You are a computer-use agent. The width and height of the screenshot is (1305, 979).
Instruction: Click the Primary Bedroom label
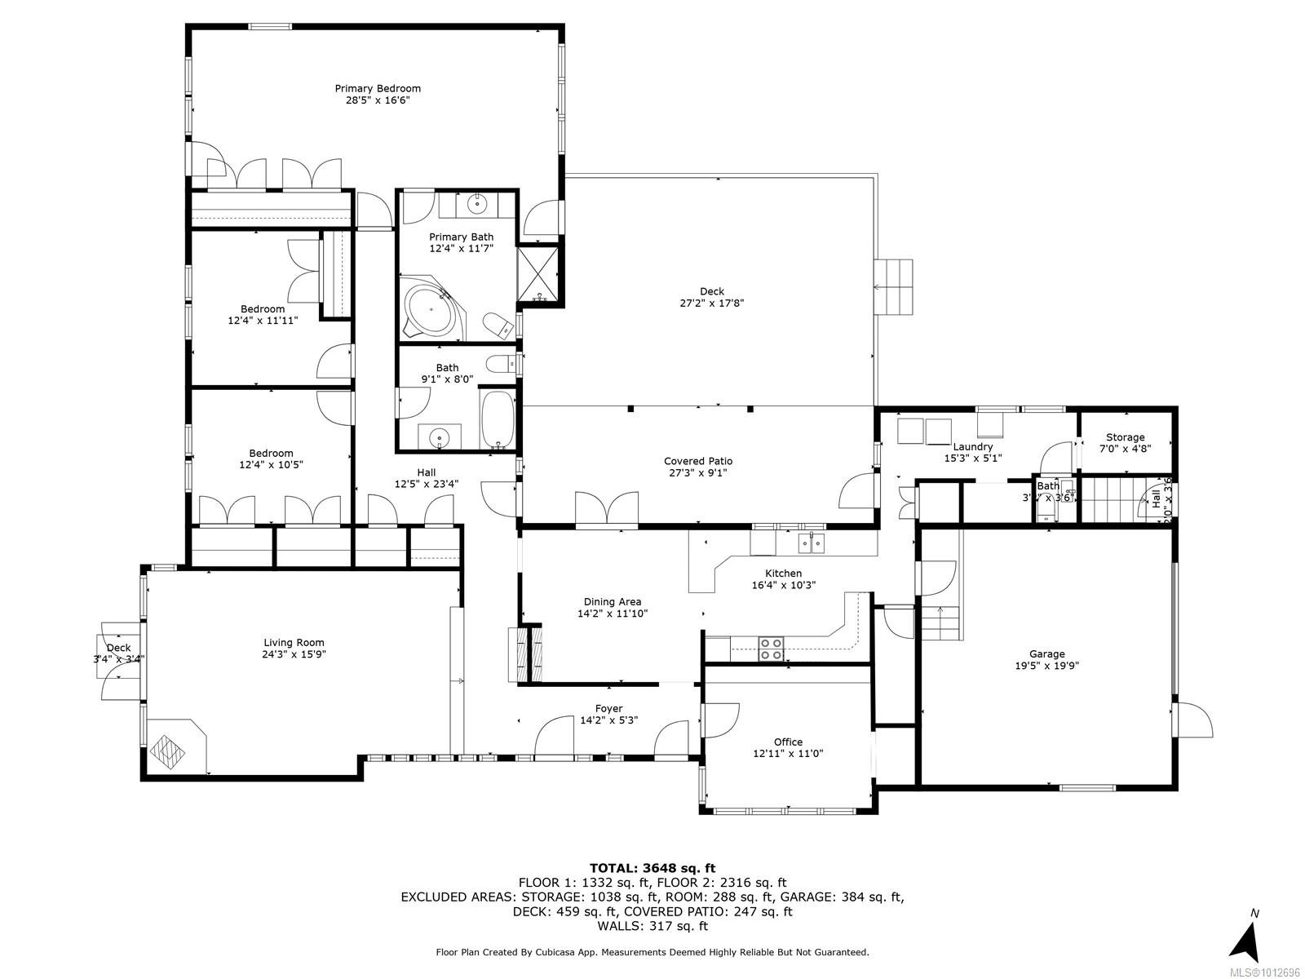point(378,88)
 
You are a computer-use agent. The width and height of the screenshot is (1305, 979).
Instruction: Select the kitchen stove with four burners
point(772,649)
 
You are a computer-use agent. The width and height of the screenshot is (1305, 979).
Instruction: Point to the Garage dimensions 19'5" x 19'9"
point(1046,665)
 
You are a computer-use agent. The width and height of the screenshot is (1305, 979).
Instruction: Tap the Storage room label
point(1125,437)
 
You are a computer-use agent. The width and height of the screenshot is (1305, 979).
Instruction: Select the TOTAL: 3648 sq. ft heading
point(652,868)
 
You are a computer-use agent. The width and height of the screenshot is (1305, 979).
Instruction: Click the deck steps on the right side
point(893,287)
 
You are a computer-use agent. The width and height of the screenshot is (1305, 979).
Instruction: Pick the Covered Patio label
point(697,461)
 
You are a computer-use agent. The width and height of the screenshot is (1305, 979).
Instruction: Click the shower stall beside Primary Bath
point(540,274)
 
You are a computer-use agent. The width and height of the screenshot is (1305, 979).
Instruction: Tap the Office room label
point(788,742)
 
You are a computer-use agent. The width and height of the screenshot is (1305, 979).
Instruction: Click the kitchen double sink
point(811,542)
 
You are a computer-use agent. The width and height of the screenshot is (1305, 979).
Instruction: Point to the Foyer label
point(608,708)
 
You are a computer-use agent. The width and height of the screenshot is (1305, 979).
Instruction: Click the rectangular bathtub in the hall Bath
point(497,420)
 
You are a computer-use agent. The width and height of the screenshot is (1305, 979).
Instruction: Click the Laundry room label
point(972,446)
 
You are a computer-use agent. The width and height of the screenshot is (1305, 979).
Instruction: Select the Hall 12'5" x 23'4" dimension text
point(426,483)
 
